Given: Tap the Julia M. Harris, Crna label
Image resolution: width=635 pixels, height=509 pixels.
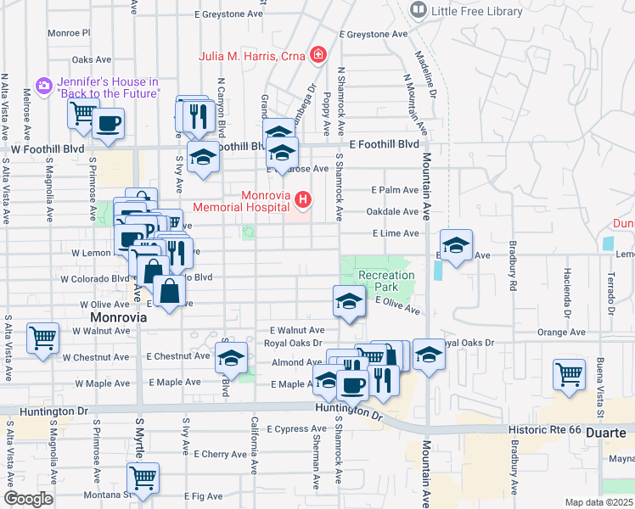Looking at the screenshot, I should coord(253,57).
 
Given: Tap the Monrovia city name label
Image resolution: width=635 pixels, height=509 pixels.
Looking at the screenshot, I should coord(118,316).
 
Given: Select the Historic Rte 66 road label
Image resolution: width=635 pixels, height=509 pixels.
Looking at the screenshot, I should coord(545,430).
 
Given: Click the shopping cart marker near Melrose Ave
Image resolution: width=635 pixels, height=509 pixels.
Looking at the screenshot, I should coord(83,112).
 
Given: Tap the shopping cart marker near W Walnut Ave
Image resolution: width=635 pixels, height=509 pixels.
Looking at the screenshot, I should coord(42,337).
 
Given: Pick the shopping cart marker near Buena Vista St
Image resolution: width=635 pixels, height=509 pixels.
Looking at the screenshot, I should coord(569,373).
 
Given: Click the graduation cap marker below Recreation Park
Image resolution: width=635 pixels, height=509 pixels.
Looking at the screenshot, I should coord(348,301).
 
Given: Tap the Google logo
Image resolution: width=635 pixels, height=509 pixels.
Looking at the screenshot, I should coord(29,499).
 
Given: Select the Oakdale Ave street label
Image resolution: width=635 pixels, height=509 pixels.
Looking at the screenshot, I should coord(392,211).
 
